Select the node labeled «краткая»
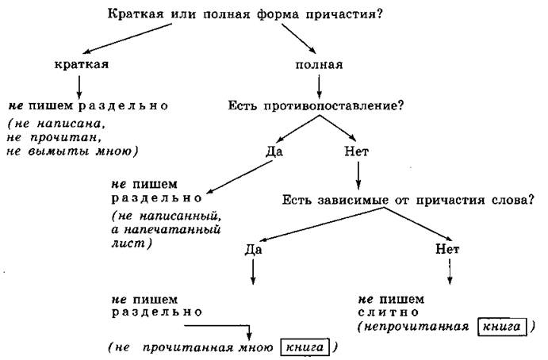click(82, 64)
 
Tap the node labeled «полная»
click(319, 65)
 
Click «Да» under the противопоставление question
click(274, 151)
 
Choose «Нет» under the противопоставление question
click(357, 151)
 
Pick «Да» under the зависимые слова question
click(253, 249)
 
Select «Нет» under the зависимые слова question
click(447, 249)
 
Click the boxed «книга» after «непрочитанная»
click(501, 327)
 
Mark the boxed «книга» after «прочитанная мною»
click(305, 347)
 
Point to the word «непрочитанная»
click(416, 327)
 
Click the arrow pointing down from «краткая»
click(79, 87)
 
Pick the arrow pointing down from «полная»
click(319, 87)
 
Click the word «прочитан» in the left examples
click(63, 138)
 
